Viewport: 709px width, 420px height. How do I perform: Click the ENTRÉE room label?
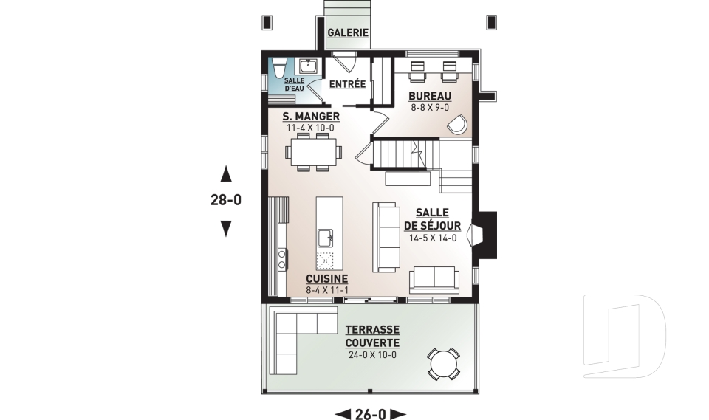348,84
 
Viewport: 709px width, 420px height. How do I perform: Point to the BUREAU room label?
430,97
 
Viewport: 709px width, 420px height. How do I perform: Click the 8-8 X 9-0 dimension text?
430,108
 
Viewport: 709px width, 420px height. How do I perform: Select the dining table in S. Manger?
313,153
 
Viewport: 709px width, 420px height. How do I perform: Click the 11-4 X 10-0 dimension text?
311,128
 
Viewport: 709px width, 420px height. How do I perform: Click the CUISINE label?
326,278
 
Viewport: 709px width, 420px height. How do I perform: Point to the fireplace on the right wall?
479,235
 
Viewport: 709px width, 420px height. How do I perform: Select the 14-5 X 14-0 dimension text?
432,238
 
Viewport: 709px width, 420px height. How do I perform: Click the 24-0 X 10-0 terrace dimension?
373,355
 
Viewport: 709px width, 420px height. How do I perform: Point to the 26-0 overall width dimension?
371,413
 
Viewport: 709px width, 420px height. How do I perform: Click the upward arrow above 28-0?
227,174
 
